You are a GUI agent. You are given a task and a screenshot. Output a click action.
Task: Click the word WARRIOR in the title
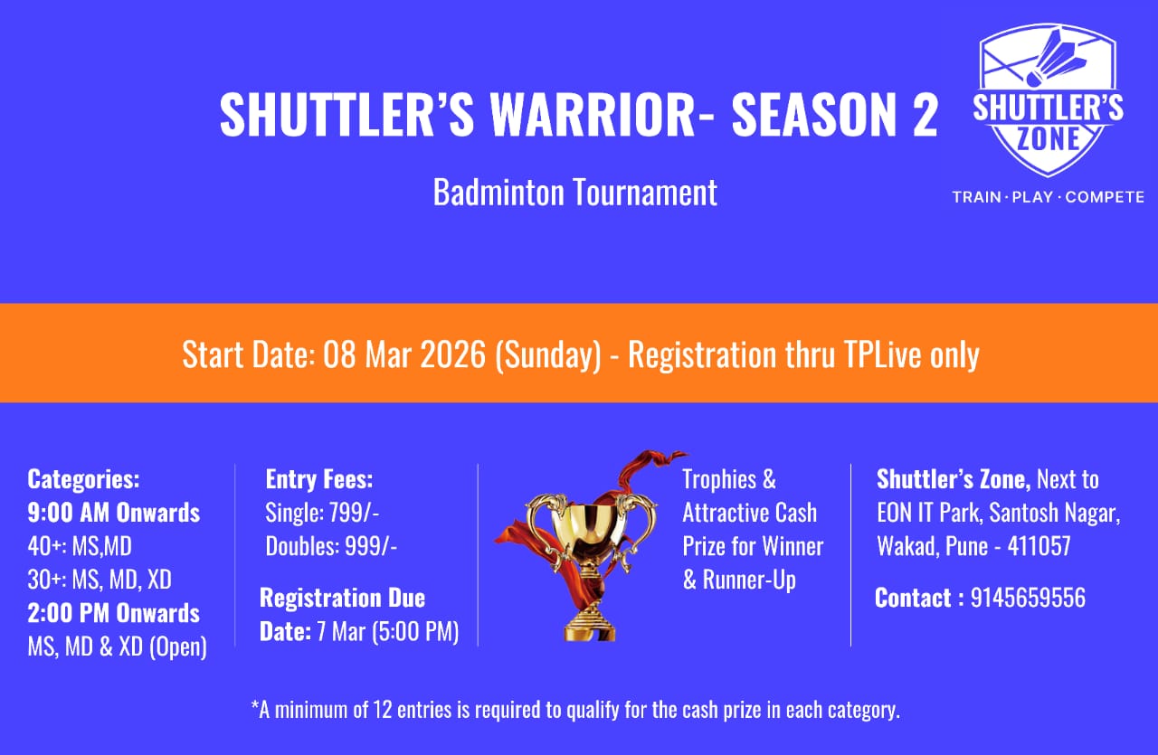point(593,114)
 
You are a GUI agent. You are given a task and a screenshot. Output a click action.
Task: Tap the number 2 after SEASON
point(924,114)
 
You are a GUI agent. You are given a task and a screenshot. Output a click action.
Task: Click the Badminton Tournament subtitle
point(574,193)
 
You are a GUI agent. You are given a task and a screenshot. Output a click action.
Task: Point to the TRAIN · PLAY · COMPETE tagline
point(1048,197)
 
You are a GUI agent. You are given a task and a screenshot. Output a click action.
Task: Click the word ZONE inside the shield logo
point(1048,138)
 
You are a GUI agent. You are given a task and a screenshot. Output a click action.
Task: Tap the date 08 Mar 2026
point(404,354)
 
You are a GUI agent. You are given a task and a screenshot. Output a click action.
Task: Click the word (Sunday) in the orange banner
point(548,355)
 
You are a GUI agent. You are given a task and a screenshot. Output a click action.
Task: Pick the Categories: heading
point(83,479)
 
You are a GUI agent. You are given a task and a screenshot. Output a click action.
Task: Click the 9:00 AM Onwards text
point(114,513)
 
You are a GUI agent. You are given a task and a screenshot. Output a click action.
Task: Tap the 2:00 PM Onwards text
point(114,613)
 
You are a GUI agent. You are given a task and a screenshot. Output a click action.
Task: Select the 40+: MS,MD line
point(80,546)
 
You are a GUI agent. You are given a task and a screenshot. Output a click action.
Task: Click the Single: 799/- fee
point(322,513)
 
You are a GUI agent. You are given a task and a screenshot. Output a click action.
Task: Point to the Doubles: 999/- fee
point(331,546)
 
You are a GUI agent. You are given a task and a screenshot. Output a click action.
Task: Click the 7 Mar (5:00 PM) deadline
point(388,631)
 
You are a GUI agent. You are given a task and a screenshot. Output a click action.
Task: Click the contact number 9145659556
point(1028,598)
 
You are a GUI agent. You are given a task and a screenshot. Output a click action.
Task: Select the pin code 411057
point(1039,546)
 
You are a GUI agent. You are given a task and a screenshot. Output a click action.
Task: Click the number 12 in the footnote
point(382,710)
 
